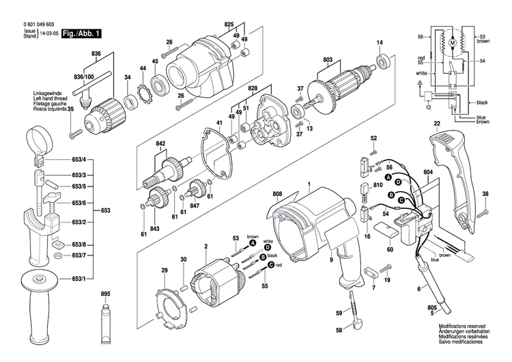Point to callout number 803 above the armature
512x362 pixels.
tap(327, 61)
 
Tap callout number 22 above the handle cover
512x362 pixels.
tap(436, 123)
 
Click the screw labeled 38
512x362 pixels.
tap(485, 212)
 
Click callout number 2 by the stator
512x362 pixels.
tap(205, 246)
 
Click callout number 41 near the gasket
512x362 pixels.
tap(219, 122)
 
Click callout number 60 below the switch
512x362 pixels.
tap(390, 250)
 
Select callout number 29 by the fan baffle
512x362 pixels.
tap(164, 271)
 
